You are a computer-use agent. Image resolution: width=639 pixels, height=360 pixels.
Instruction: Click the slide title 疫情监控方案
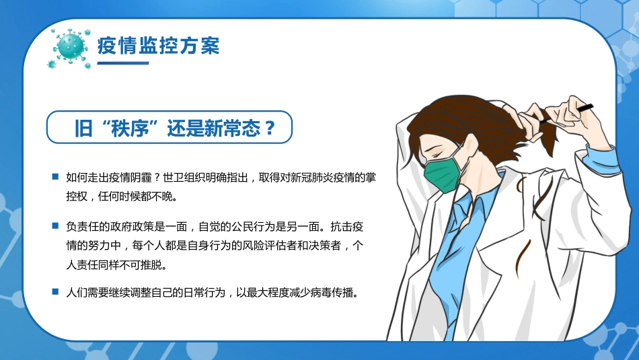(159, 46)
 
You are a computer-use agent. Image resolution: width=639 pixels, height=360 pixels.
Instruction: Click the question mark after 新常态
(269, 128)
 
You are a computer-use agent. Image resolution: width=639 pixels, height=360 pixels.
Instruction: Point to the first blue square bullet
(55, 177)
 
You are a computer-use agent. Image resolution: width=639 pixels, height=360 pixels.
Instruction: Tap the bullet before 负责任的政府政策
(55, 225)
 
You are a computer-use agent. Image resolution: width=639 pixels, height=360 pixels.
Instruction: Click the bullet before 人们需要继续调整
(55, 292)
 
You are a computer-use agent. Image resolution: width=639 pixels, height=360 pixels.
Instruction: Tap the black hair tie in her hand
(584, 106)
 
